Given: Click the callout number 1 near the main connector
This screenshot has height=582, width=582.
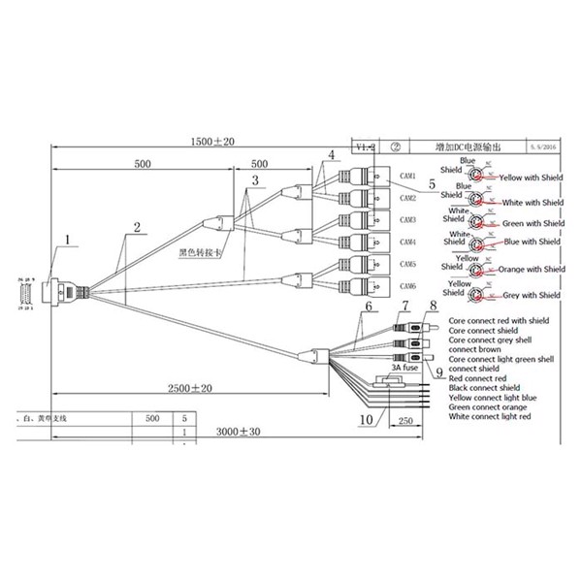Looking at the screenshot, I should pos(67,237).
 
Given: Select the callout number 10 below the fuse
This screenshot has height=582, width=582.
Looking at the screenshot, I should pos(366,419).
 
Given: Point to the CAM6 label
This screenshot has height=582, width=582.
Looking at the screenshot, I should pos(408,286).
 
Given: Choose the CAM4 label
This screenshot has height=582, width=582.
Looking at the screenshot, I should pos(408,242).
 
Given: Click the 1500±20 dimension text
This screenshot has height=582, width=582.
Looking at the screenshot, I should pos(212,143).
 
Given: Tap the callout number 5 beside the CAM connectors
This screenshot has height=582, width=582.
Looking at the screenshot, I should pos(418,210).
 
